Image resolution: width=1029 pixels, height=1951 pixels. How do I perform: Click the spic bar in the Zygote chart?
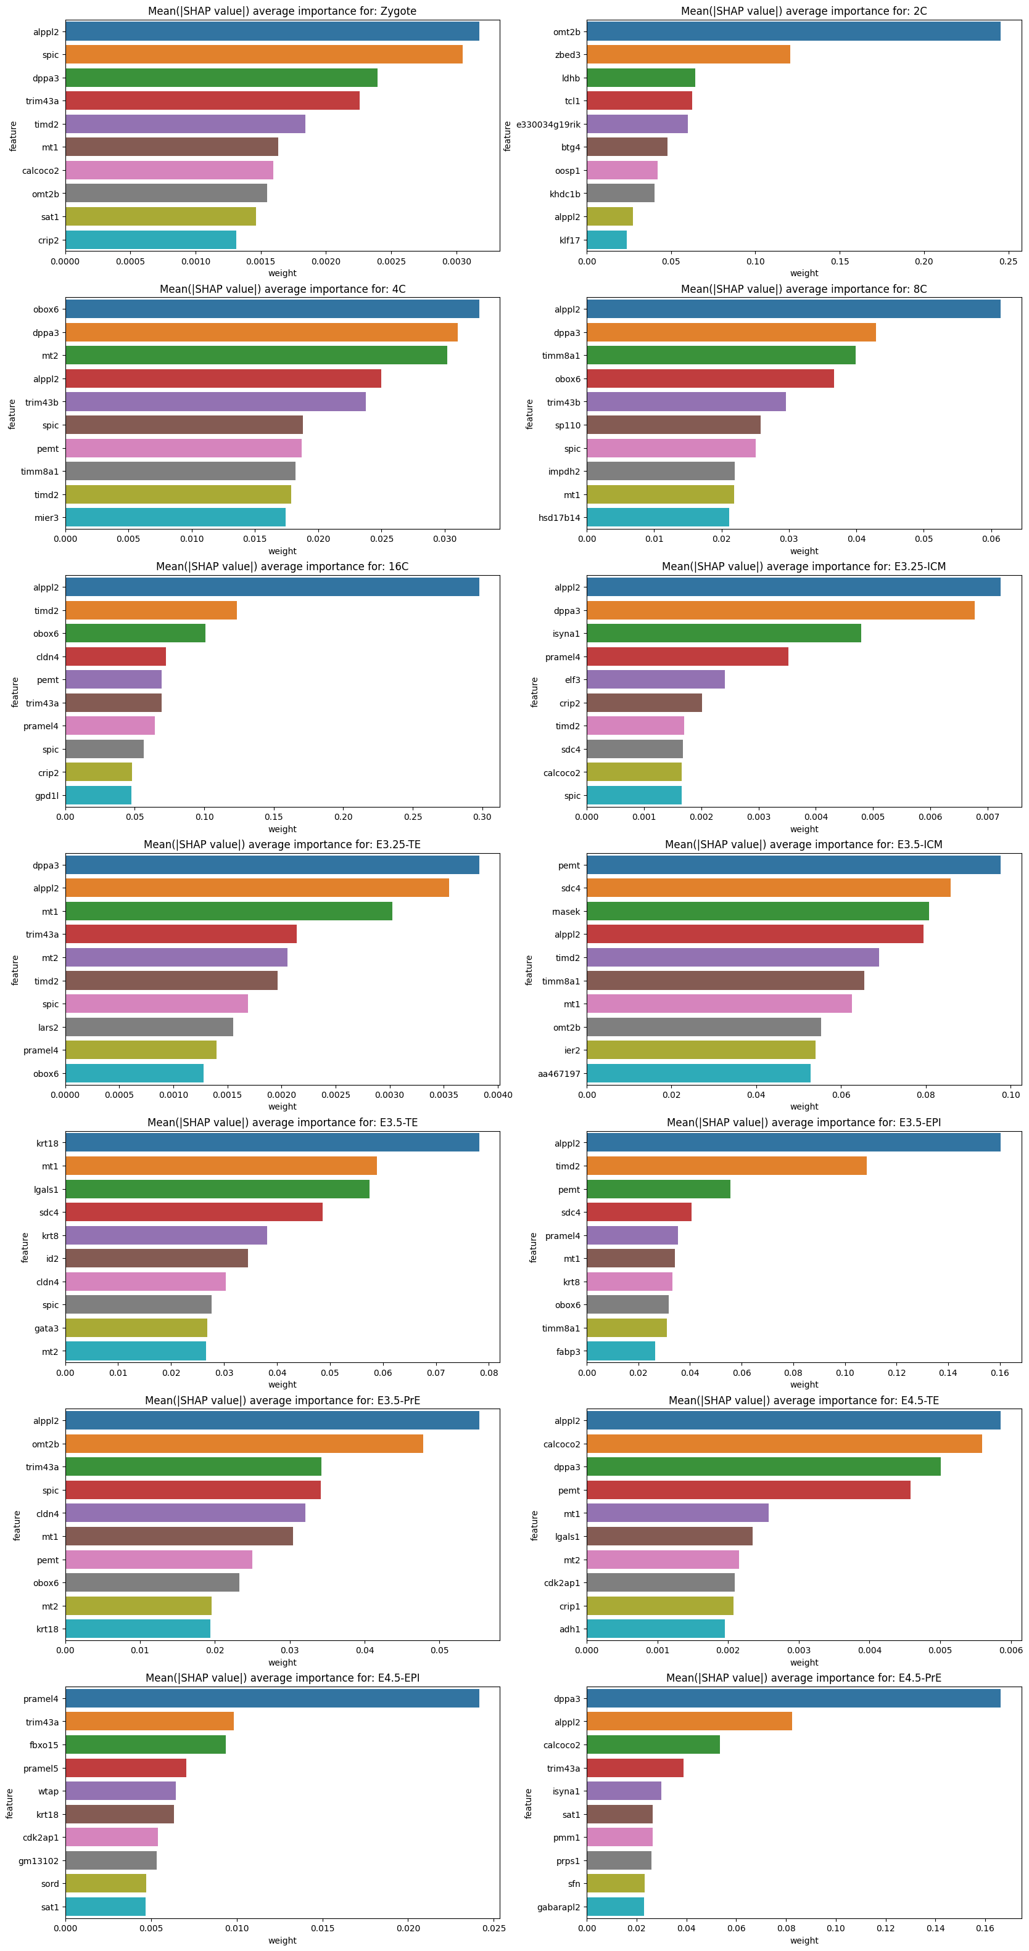click(263, 54)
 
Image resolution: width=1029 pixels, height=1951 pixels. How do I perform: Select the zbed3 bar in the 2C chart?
click(688, 54)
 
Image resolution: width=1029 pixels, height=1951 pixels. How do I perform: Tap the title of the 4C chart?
click(282, 289)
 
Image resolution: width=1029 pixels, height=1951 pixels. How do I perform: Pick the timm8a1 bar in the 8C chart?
click(721, 355)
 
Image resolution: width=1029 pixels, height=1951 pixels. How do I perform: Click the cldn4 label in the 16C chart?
click(47, 656)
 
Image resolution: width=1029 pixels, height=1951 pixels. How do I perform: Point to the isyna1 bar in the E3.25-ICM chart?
click(724, 633)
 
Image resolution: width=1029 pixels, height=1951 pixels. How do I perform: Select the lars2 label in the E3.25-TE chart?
click(48, 1027)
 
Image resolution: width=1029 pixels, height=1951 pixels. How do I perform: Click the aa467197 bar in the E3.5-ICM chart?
click(698, 1073)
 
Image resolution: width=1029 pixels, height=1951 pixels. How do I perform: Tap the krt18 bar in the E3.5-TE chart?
click(272, 1143)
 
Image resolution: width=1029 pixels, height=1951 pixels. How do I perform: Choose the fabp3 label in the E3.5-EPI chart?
click(568, 1351)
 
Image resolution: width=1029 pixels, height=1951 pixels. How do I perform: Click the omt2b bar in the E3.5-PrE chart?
click(244, 1444)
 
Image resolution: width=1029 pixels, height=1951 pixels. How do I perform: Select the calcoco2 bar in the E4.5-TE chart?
click(783, 1444)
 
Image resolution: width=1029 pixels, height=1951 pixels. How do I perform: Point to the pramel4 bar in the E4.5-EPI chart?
click(272, 1699)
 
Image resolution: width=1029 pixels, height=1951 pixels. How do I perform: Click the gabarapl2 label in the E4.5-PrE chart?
click(558, 1907)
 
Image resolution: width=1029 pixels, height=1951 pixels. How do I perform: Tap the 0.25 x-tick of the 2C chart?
click(1008, 261)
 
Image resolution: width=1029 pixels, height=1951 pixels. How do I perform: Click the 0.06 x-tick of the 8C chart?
click(990, 539)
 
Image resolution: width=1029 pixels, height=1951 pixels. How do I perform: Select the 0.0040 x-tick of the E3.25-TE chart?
click(497, 1094)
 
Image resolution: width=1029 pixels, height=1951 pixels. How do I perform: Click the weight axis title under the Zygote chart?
click(282, 274)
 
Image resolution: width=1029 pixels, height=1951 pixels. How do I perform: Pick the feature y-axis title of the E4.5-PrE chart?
click(528, 1803)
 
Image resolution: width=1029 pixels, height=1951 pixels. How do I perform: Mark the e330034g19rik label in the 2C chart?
click(548, 124)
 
